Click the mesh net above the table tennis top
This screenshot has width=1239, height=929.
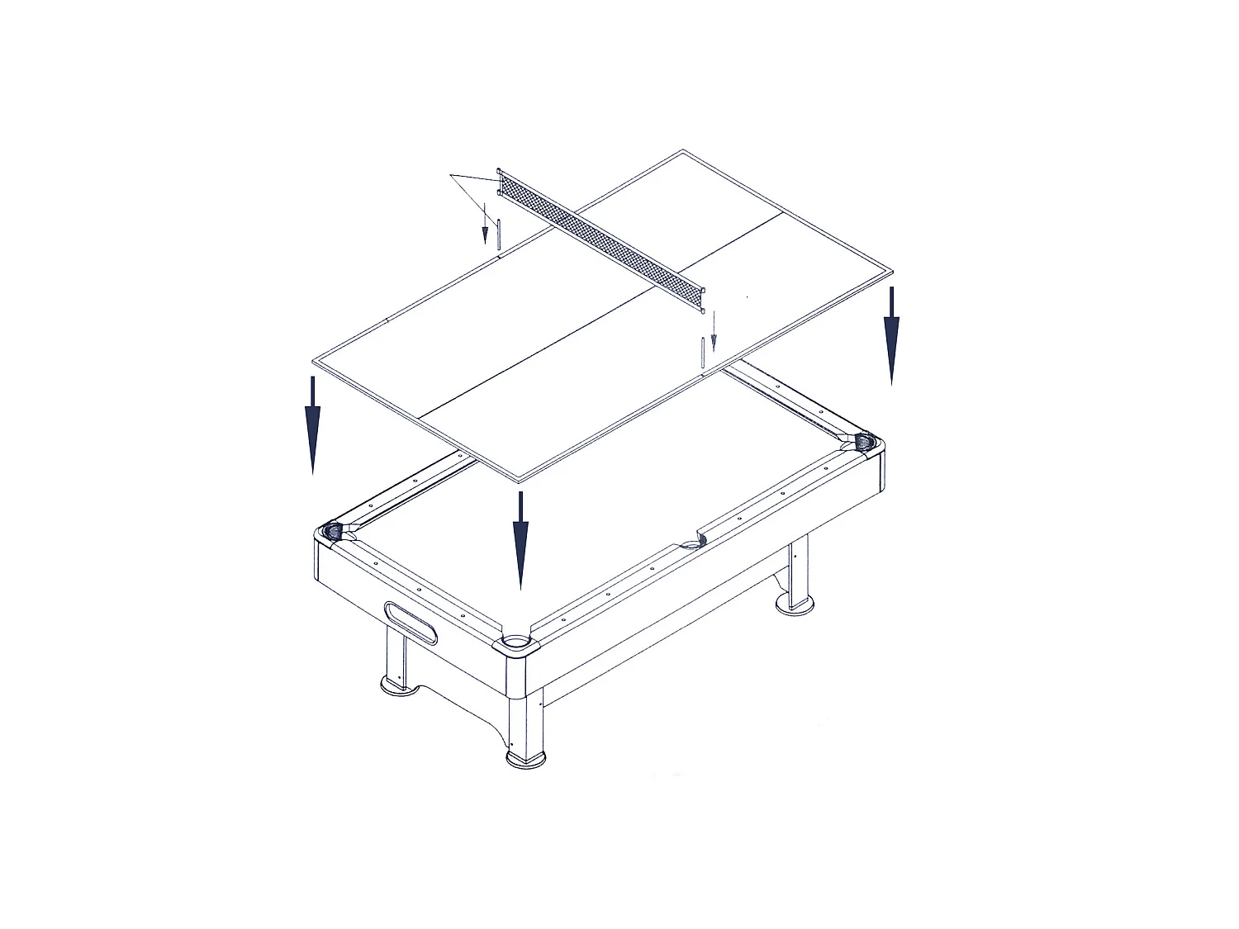tap(601, 239)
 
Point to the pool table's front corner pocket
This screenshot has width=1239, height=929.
tap(514, 641)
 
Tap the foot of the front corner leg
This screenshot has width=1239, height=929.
tap(525, 758)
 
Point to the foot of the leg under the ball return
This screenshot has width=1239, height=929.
tap(400, 685)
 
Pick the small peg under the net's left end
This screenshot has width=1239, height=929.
tap(499, 232)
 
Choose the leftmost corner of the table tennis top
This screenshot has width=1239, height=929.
tap(313, 362)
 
